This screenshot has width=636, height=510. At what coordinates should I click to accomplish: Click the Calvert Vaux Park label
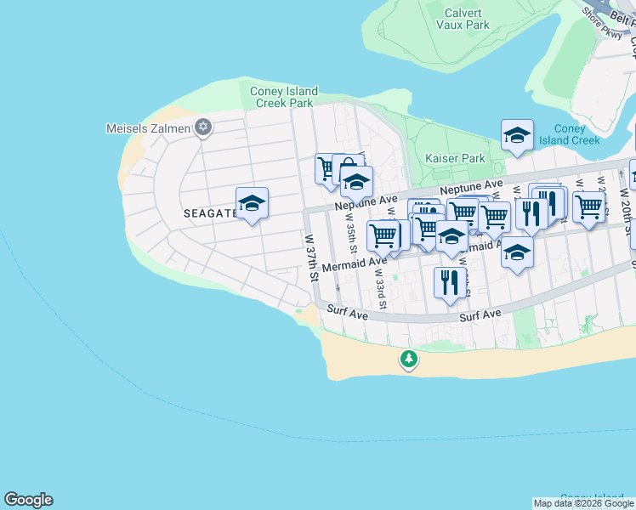[463, 19]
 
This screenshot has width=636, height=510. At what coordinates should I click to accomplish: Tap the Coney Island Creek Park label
[284, 97]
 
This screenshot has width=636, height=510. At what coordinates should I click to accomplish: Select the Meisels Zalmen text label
[147, 128]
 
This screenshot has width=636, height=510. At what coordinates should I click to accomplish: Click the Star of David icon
[202, 128]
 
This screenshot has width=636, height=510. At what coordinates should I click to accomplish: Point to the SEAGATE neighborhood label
[210, 213]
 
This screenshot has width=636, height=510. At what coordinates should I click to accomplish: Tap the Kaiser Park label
[455, 158]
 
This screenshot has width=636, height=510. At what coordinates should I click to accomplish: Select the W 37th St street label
[312, 258]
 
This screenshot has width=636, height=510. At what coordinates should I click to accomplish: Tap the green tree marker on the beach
[409, 360]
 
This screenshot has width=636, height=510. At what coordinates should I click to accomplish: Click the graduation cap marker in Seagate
[252, 204]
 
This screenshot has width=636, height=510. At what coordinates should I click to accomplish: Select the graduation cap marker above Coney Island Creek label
[517, 136]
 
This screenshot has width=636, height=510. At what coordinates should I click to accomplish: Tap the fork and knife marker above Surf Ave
[450, 284]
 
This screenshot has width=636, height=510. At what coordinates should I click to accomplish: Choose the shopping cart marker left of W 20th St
[588, 207]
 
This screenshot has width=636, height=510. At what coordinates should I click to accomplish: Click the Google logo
[28, 500]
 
